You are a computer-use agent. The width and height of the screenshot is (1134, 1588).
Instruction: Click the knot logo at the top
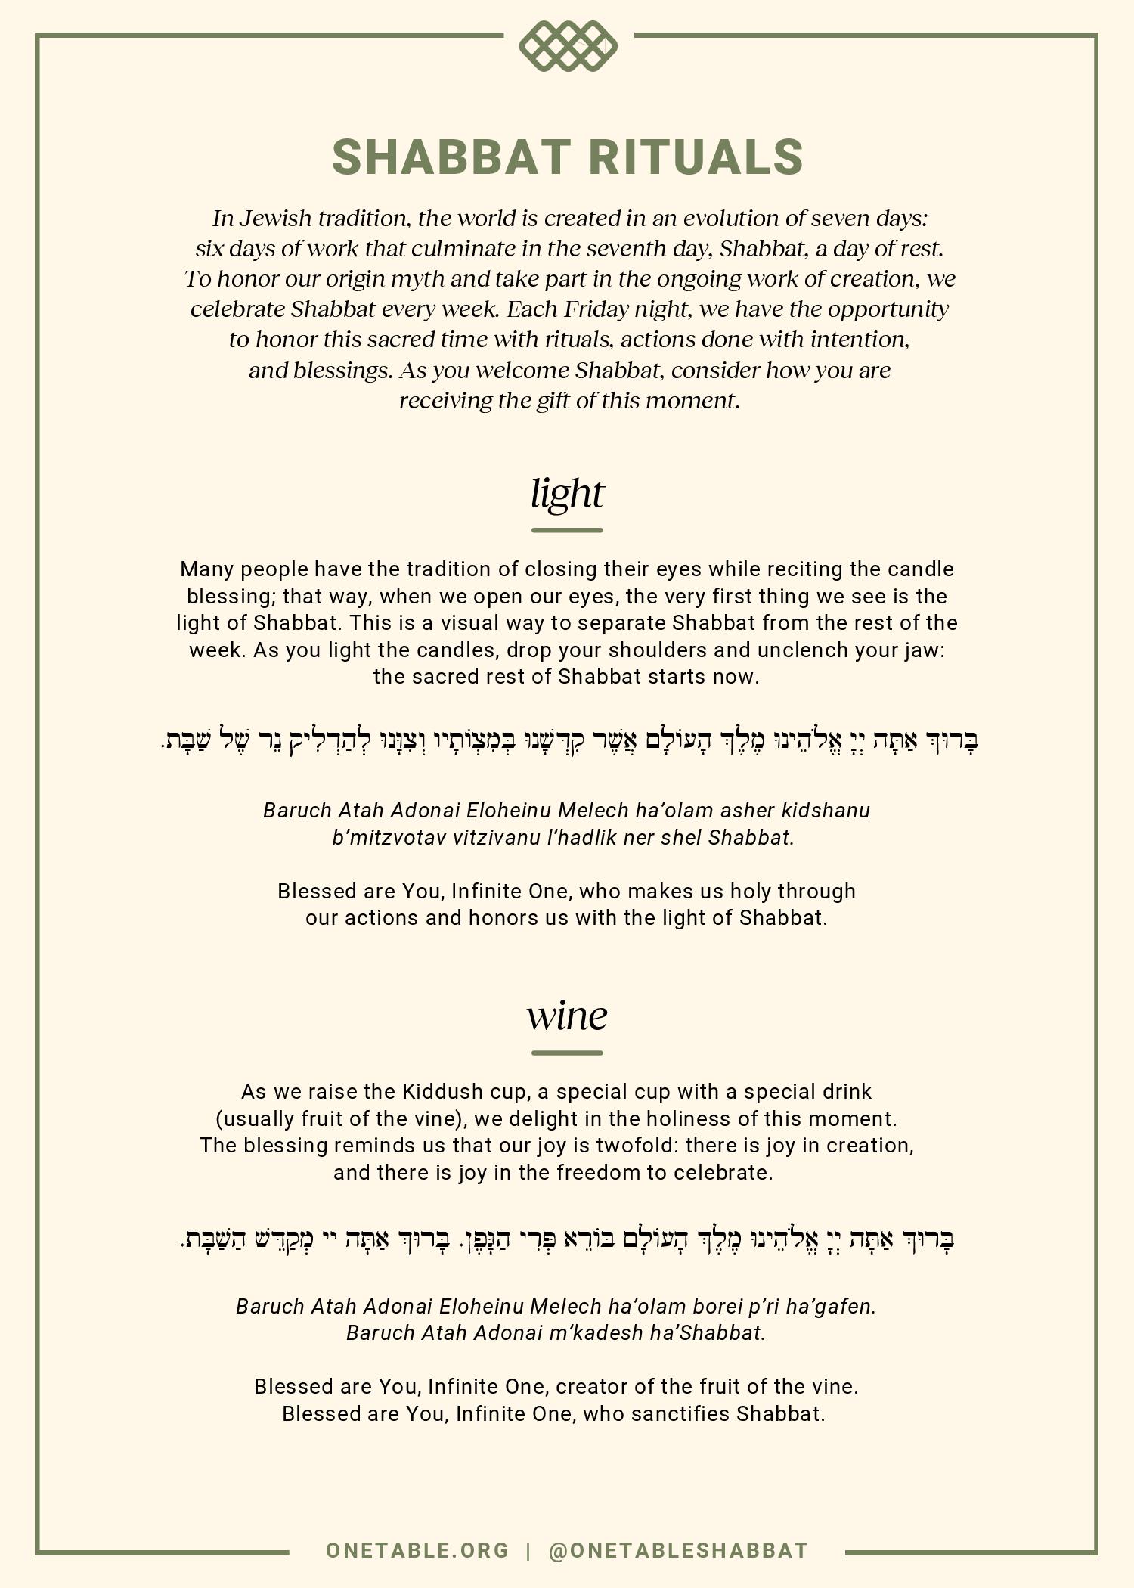tap(568, 46)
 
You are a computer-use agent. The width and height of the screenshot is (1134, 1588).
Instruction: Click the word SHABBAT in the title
tap(451, 157)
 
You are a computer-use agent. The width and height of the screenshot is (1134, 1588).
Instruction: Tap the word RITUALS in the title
tap(696, 157)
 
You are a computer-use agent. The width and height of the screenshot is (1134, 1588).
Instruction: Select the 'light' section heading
tap(567, 494)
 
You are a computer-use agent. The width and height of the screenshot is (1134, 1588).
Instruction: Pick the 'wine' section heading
tap(567, 1016)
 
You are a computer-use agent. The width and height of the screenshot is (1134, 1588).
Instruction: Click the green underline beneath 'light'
tap(567, 530)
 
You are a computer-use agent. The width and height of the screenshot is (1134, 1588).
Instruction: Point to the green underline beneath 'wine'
tap(567, 1052)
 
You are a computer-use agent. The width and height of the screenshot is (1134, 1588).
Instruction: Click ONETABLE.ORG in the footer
tap(417, 1550)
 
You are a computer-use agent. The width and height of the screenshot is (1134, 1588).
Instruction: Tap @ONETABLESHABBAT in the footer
tap(678, 1550)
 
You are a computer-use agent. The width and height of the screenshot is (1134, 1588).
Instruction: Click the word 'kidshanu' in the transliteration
tap(826, 811)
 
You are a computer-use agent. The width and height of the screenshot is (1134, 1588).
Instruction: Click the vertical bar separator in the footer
tap(528, 1550)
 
